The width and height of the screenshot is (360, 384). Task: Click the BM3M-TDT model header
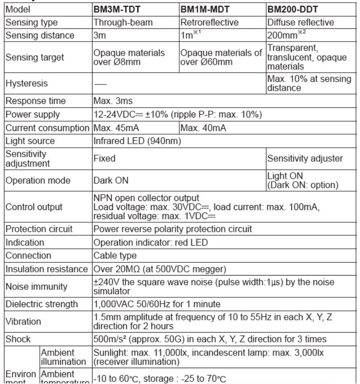[x=113, y=9]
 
